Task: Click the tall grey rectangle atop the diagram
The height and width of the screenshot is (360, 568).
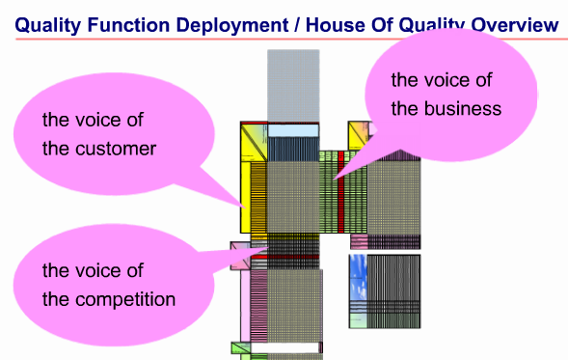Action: [292, 85]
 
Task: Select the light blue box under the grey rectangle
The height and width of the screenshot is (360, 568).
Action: [293, 130]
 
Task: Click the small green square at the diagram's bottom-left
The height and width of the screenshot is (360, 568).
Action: [240, 346]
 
